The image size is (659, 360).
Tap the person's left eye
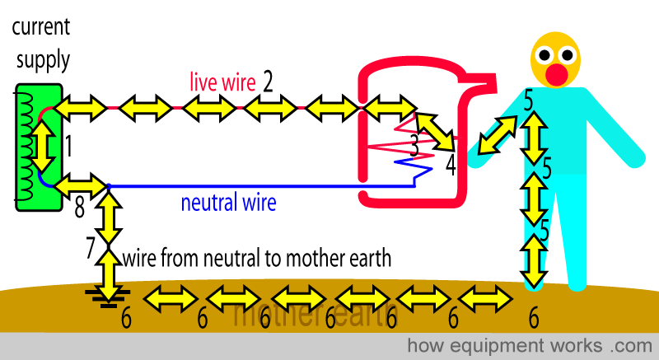point(546,55)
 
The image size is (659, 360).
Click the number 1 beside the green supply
point(68,147)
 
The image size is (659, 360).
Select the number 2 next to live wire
point(267,81)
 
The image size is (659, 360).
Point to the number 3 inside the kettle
point(415,147)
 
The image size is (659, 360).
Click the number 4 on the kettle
point(451,165)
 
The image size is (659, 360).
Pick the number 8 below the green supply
point(79,207)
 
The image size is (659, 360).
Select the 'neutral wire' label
point(228,202)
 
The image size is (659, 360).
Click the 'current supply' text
point(40,44)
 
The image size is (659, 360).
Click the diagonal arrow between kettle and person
point(498,133)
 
